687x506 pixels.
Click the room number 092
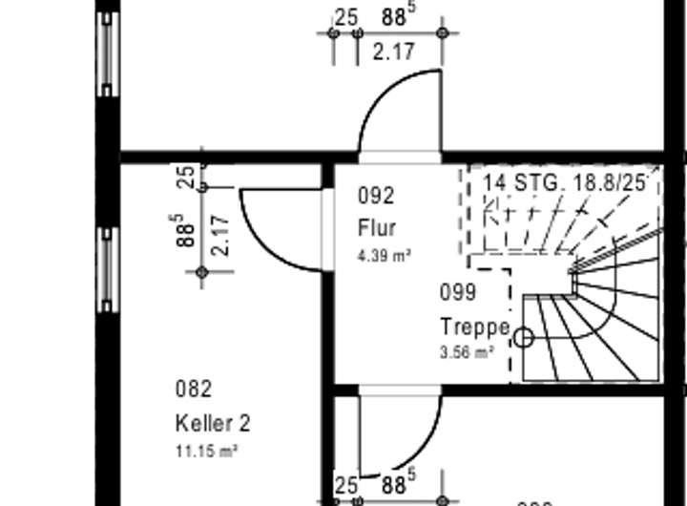[376, 196]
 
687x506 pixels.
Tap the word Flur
[376, 228]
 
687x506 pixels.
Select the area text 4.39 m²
[384, 255]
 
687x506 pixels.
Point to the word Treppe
[474, 327]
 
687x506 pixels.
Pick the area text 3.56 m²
[466, 352]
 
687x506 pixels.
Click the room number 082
[193, 389]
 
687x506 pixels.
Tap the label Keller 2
[212, 423]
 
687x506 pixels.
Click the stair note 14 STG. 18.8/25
[564, 182]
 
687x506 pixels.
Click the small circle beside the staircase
[523, 338]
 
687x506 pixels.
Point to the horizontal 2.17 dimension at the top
[393, 52]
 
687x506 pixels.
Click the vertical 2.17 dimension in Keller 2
[220, 235]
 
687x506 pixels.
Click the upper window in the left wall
[108, 53]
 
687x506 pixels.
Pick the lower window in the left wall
[108, 270]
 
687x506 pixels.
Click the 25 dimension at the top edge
[345, 17]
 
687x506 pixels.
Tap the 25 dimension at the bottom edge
[345, 485]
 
